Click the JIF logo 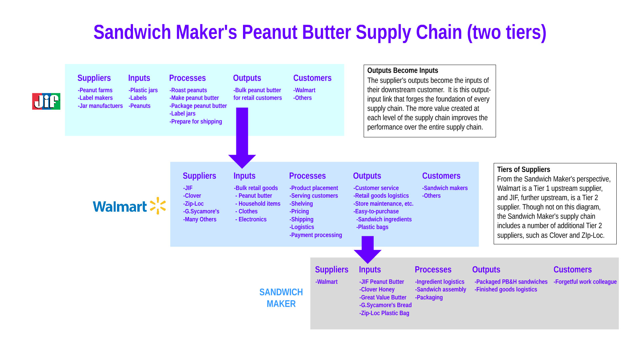click(46, 101)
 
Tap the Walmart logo click(129, 206)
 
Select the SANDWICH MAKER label click(281, 298)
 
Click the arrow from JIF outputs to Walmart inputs click(242, 137)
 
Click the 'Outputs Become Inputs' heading click(402, 71)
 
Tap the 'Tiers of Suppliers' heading click(523, 169)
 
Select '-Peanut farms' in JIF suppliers click(95, 90)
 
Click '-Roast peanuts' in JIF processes click(188, 90)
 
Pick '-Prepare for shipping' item click(196, 121)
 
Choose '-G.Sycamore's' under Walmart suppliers click(201, 211)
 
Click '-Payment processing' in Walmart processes click(316, 235)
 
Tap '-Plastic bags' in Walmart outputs click(372, 227)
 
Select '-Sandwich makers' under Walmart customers click(445, 188)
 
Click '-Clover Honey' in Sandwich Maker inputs click(377, 289)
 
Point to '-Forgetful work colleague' click(585, 282)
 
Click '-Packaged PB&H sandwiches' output click(511, 282)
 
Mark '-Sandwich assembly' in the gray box click(441, 289)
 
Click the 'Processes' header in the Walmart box click(307, 176)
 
